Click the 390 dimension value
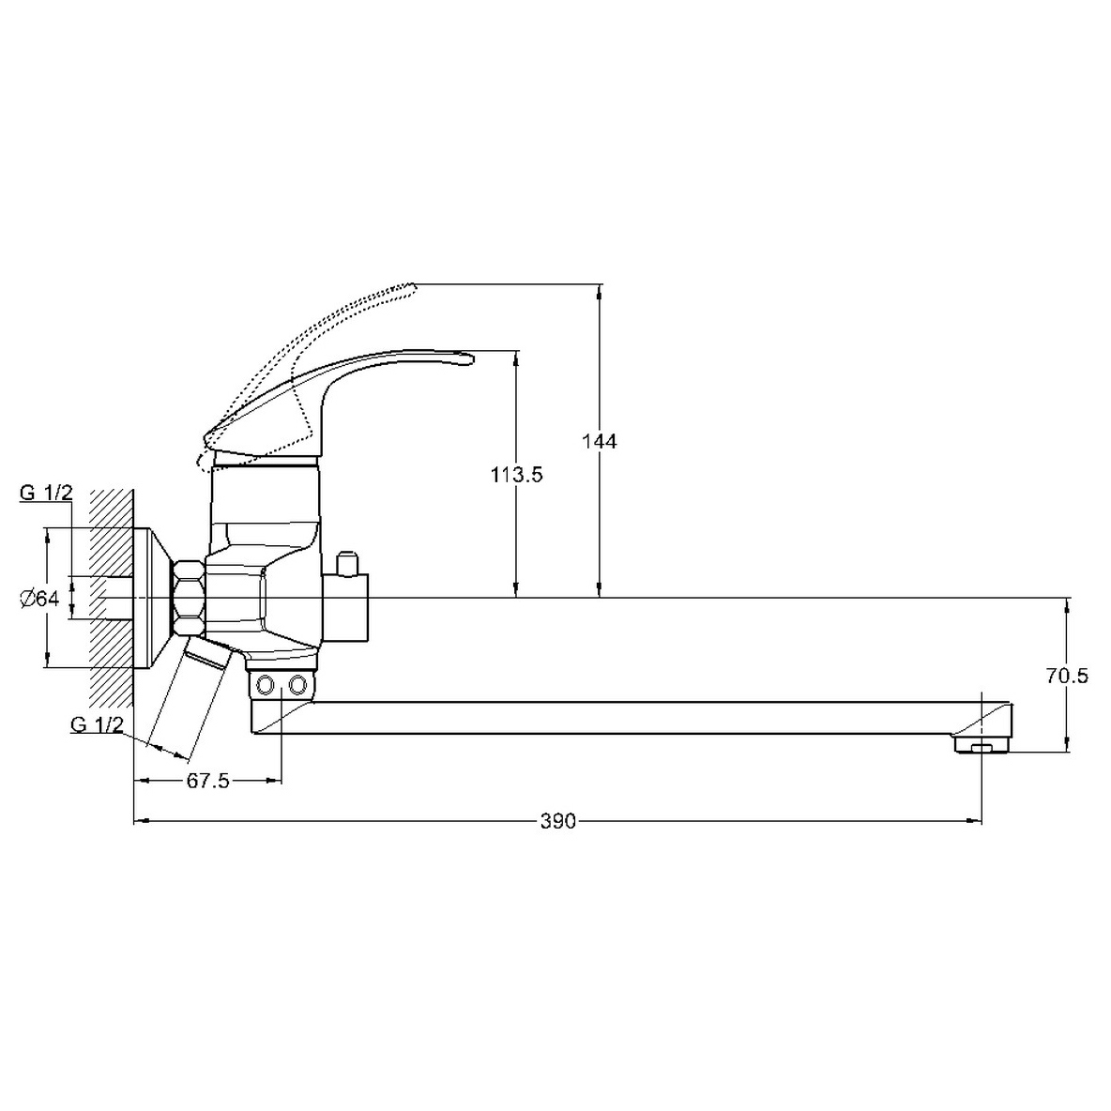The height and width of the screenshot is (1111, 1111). point(558,822)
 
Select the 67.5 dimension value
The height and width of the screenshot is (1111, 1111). point(207,782)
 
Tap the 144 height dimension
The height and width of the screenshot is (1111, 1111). point(600,441)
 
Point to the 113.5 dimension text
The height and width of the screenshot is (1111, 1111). point(516,475)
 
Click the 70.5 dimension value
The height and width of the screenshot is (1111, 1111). point(1067,676)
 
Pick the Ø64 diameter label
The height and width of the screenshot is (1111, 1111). point(39,599)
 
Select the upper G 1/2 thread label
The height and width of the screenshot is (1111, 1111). point(46,494)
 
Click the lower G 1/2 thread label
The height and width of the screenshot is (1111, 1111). point(97,724)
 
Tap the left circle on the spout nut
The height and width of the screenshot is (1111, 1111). point(266,685)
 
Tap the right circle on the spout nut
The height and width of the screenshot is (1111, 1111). point(297,685)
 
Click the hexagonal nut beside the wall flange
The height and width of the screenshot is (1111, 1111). point(190,598)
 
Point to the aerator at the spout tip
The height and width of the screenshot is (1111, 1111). point(982,745)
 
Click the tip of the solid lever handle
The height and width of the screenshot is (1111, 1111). point(470,360)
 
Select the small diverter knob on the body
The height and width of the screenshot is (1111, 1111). point(348,563)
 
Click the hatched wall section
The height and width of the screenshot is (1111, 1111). point(112,598)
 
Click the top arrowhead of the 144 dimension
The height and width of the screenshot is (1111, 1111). point(600,292)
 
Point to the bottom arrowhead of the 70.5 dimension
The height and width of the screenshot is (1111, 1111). point(1067,744)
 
